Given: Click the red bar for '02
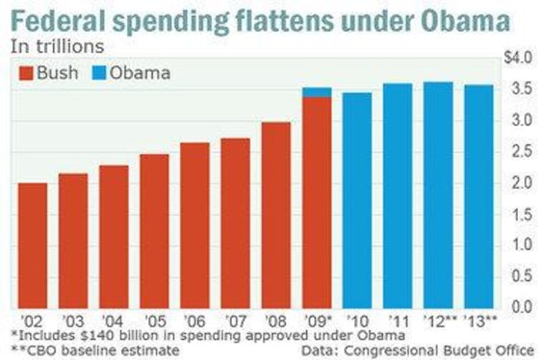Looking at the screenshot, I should (x=33, y=244).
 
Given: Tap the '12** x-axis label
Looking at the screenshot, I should (x=439, y=319).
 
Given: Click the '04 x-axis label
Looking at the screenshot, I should (x=114, y=319).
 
